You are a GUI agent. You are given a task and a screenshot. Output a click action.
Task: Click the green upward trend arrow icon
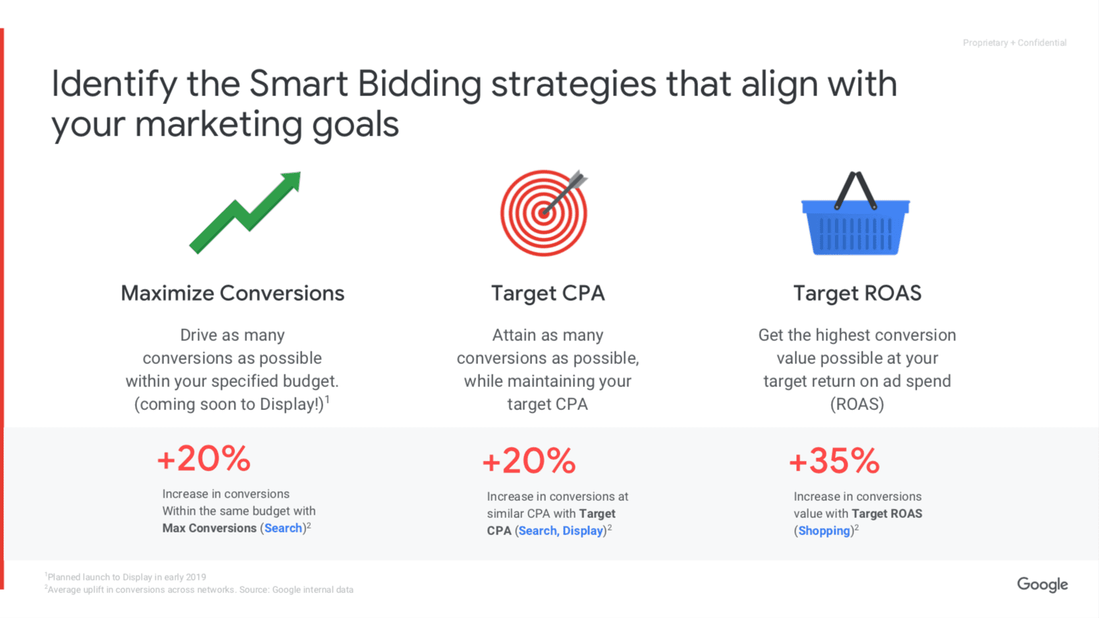[244, 212]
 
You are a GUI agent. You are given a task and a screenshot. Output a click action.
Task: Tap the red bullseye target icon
[544, 213]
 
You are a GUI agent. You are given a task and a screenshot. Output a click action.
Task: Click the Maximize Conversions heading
[232, 293]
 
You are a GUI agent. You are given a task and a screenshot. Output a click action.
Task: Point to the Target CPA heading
[548, 293]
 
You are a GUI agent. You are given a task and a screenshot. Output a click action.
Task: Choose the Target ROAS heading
[857, 293]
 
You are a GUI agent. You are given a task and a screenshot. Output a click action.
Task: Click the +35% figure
[834, 460]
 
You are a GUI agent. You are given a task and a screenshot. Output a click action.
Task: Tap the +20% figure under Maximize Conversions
[204, 458]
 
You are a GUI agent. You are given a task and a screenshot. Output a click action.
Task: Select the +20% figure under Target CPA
[529, 460]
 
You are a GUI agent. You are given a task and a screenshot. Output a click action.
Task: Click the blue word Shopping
[824, 530]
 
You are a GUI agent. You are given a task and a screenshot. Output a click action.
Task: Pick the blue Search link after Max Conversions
[283, 528]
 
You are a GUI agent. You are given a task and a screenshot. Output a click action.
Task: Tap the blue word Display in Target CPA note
[582, 530]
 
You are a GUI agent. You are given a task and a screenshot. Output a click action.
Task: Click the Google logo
[1042, 584]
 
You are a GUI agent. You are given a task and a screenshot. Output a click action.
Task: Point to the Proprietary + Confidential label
[1014, 43]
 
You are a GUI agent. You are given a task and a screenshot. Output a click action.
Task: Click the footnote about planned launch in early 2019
[126, 577]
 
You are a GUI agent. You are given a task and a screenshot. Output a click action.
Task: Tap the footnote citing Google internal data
[200, 590]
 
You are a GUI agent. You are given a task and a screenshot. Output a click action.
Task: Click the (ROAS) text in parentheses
[857, 404]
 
